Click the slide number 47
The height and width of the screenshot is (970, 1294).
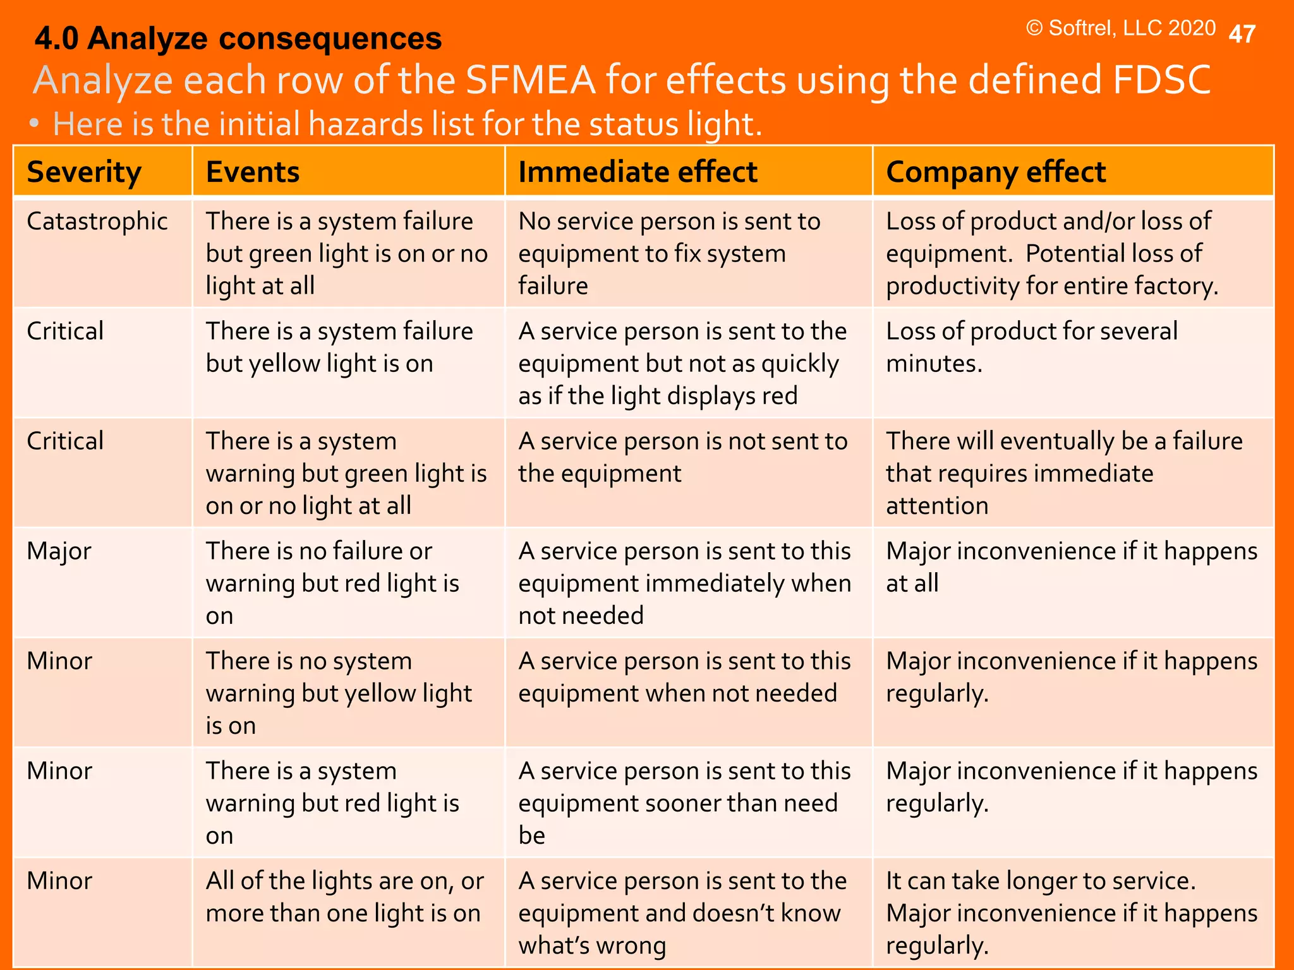coord(1242,34)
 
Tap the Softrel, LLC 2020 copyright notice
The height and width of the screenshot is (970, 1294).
coord(1120,28)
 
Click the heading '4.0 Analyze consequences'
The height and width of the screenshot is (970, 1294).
coord(238,39)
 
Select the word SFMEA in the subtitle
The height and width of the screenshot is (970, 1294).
coord(530,80)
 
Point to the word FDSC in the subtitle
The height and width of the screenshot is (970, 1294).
coord(1161,80)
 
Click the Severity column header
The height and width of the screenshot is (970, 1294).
coord(84,172)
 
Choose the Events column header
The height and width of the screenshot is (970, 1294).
coord(253,172)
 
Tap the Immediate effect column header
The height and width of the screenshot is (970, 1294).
coord(638,172)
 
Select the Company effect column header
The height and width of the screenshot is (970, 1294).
coord(996,172)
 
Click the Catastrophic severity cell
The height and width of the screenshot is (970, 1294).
coord(97,222)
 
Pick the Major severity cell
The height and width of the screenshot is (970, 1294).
coord(59,551)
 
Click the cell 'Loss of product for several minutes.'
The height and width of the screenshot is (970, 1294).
coord(1031,347)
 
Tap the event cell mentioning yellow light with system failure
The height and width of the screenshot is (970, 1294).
coord(339,347)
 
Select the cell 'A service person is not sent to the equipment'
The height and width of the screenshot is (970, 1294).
coord(682,457)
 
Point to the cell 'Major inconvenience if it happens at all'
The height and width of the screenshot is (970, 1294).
coord(1072,567)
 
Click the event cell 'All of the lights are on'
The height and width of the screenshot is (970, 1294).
coord(344,897)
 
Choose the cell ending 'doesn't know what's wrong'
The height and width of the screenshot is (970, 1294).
coord(682,913)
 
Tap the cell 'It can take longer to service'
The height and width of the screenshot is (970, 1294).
coord(1072,913)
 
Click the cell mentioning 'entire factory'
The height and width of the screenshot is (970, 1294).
coord(1052,253)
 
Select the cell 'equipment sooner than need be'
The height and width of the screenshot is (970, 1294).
coord(684,803)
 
